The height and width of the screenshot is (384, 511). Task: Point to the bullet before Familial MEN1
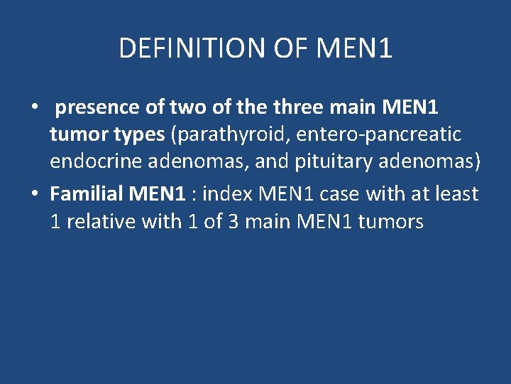(x=33, y=193)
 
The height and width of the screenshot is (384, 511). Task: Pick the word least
(x=454, y=193)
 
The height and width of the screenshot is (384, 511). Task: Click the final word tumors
(x=391, y=221)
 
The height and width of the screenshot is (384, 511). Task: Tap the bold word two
(x=187, y=108)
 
